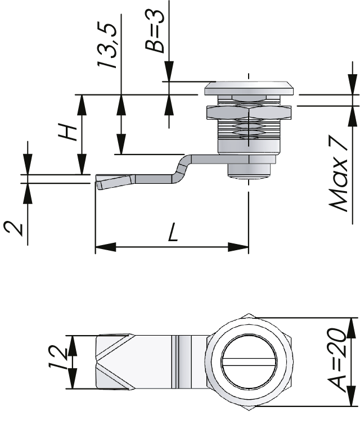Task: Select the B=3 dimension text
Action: [x=155, y=31]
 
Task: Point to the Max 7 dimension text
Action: [x=340, y=175]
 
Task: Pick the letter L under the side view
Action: [x=173, y=232]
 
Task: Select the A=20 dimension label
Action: [x=338, y=360]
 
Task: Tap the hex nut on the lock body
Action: [x=248, y=113]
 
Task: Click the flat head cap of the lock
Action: [x=248, y=88]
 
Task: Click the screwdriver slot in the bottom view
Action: [x=251, y=361]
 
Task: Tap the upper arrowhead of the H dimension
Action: [x=82, y=104]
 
